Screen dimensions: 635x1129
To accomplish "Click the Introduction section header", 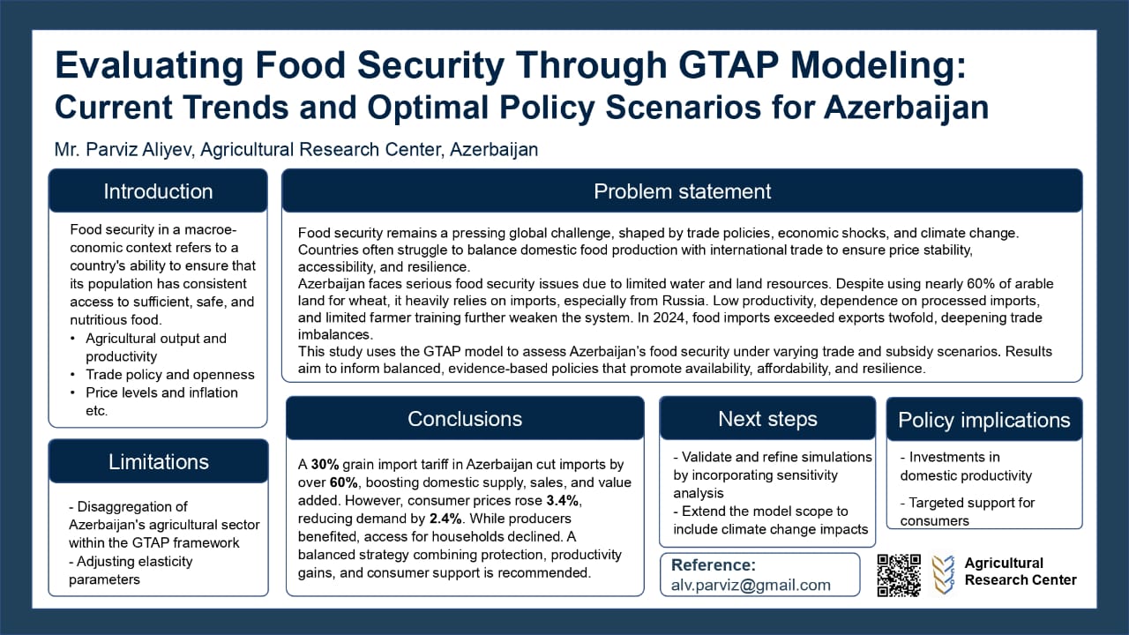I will [x=158, y=191].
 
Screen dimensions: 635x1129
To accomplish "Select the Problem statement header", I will [x=682, y=191].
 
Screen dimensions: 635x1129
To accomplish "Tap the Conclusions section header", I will [x=465, y=419].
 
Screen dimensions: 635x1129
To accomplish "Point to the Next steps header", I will [x=767, y=419].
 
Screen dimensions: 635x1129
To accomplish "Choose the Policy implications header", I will [x=983, y=421].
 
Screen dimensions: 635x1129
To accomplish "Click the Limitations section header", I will [x=158, y=461].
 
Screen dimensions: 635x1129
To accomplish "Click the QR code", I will [x=899, y=575].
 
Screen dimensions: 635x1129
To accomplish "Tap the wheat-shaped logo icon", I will [x=943, y=574].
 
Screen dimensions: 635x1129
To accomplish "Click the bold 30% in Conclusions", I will [x=325, y=464].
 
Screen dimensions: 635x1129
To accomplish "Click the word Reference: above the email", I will [x=713, y=565].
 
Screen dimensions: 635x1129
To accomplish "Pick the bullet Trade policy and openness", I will [x=169, y=375].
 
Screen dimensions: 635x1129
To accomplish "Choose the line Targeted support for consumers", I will [x=967, y=512].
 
